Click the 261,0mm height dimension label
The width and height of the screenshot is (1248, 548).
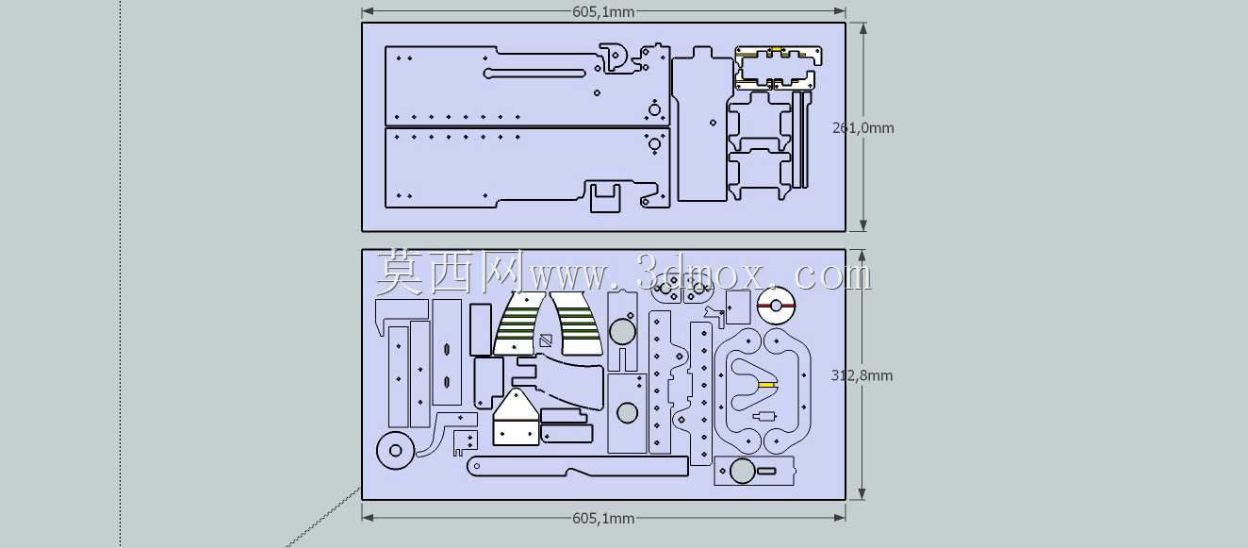[x=863, y=128]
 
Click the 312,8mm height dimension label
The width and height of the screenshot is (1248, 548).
[x=862, y=375]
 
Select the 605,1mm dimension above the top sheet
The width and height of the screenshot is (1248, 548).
[x=603, y=11]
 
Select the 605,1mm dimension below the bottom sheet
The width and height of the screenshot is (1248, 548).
[x=603, y=519]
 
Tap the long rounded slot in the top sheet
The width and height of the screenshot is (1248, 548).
[x=534, y=73]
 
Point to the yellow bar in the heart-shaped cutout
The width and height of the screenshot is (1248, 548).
[x=766, y=385]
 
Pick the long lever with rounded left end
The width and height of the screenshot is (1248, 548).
[x=577, y=466]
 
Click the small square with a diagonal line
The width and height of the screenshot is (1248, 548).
[x=546, y=340]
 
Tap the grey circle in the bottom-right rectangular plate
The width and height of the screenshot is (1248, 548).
[x=742, y=471]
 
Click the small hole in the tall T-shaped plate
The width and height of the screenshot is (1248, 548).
[x=714, y=123]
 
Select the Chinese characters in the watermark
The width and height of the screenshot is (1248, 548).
[x=450, y=273]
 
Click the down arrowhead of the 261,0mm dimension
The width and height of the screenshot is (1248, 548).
[x=863, y=225]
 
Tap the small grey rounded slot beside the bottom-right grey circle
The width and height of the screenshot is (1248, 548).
[x=766, y=471]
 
